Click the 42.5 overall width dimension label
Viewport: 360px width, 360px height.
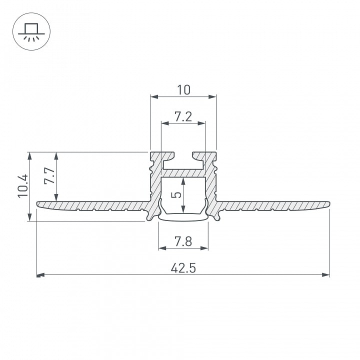tap(183, 268)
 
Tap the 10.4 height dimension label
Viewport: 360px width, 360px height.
tap(23, 185)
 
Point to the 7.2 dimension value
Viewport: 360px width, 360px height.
tap(183, 116)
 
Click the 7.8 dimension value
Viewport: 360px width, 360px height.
tap(183, 241)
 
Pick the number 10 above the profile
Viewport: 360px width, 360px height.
tap(183, 90)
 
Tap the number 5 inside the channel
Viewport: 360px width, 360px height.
tap(176, 195)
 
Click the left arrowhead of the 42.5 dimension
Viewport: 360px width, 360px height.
tap(40, 275)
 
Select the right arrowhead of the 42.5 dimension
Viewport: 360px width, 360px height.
tap(326, 275)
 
